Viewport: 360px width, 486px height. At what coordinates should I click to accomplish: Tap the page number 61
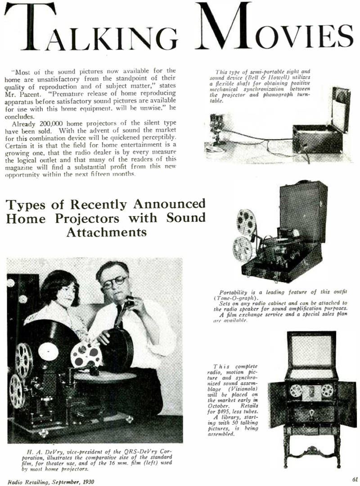(x=355, y=479)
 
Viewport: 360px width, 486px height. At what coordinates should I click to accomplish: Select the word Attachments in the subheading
(x=106, y=232)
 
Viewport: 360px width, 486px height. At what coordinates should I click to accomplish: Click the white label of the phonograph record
(x=48, y=351)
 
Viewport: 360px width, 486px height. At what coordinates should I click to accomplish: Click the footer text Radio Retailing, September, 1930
(x=50, y=482)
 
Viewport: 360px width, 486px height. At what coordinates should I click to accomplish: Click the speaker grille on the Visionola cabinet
(x=312, y=351)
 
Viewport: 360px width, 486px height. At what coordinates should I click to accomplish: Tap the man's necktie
(x=118, y=315)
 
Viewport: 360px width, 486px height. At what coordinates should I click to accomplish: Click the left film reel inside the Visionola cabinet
(x=296, y=391)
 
